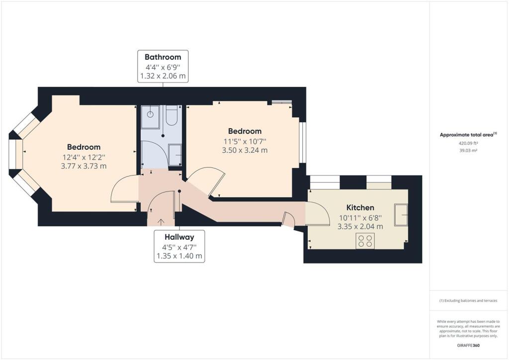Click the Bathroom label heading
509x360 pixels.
[163, 57]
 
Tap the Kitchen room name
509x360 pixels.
[360, 207]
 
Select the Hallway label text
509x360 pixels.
[179, 237]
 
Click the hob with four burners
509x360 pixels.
[365, 241]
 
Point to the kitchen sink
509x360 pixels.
[401, 214]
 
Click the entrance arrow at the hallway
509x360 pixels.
[161, 222]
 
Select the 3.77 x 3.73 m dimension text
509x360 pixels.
[84, 166]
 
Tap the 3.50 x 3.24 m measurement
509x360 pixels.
[245, 150]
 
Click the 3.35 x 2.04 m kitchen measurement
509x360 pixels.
[360, 226]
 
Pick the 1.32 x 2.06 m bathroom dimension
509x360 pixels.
[163, 77]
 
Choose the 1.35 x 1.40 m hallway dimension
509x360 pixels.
[179, 257]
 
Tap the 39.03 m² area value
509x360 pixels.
[468, 150]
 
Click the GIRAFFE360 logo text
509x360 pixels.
[469, 345]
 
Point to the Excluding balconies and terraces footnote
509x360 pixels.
[468, 301]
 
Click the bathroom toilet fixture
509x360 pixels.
[172, 116]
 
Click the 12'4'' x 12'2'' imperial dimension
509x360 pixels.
[84, 157]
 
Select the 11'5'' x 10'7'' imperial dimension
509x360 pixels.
[245, 141]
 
